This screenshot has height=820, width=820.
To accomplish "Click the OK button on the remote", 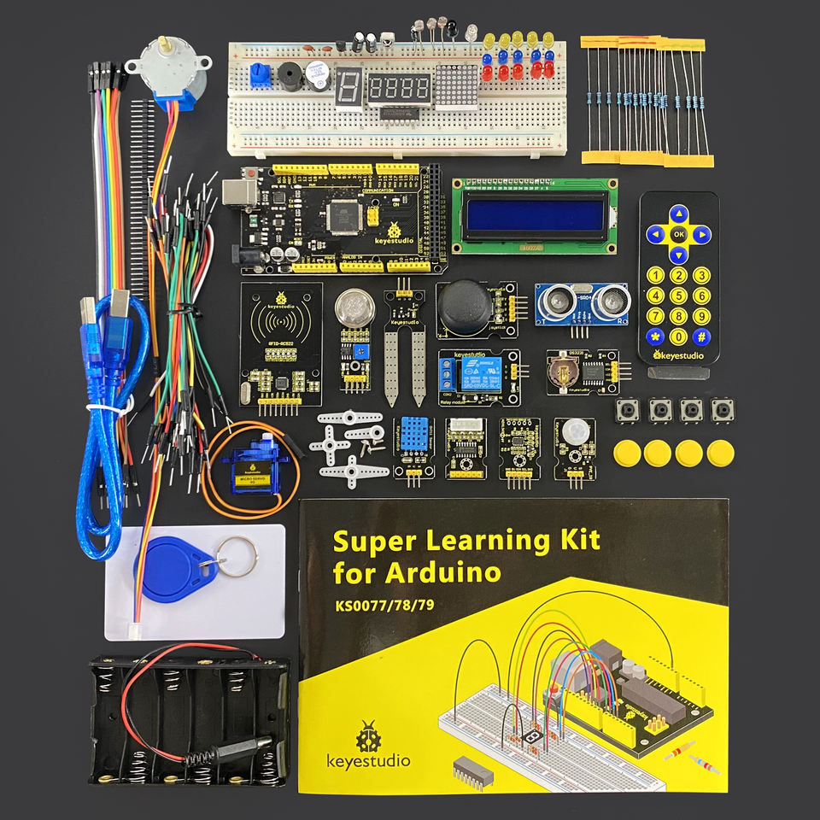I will [x=678, y=232].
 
